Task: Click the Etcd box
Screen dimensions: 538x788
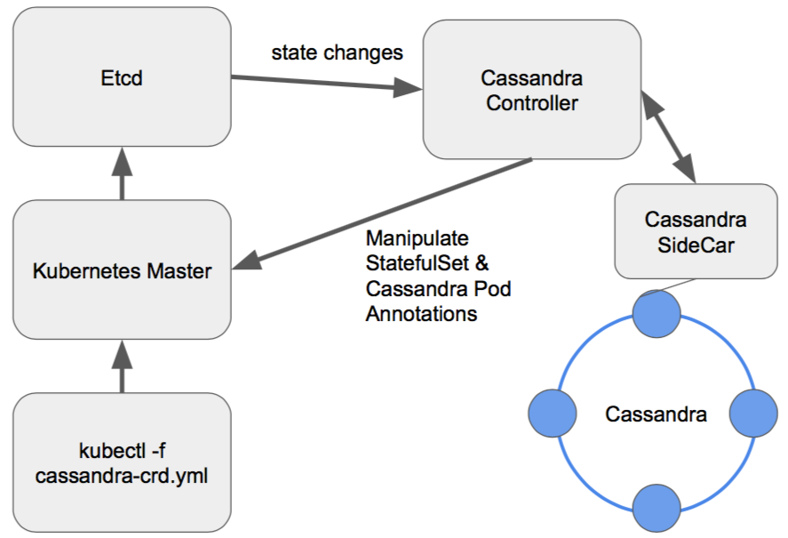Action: click(x=122, y=78)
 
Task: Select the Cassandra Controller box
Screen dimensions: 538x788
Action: click(x=531, y=91)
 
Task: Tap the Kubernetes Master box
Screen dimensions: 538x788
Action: click(x=122, y=270)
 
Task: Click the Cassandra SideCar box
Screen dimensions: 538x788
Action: click(x=696, y=231)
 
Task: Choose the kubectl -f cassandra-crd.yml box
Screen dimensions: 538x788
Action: click(x=122, y=462)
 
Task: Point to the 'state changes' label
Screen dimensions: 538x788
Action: click(x=337, y=52)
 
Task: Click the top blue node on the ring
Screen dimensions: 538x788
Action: click(x=656, y=313)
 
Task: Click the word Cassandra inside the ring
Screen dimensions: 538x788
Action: click(x=656, y=414)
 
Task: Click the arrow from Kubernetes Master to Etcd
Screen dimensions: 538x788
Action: click(x=123, y=174)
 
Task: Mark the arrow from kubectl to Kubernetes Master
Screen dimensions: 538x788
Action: click(x=123, y=365)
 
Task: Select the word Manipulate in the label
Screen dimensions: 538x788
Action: click(x=416, y=240)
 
